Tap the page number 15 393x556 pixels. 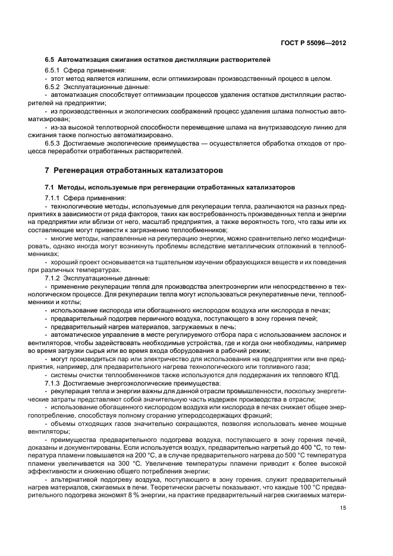click(343, 507)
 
